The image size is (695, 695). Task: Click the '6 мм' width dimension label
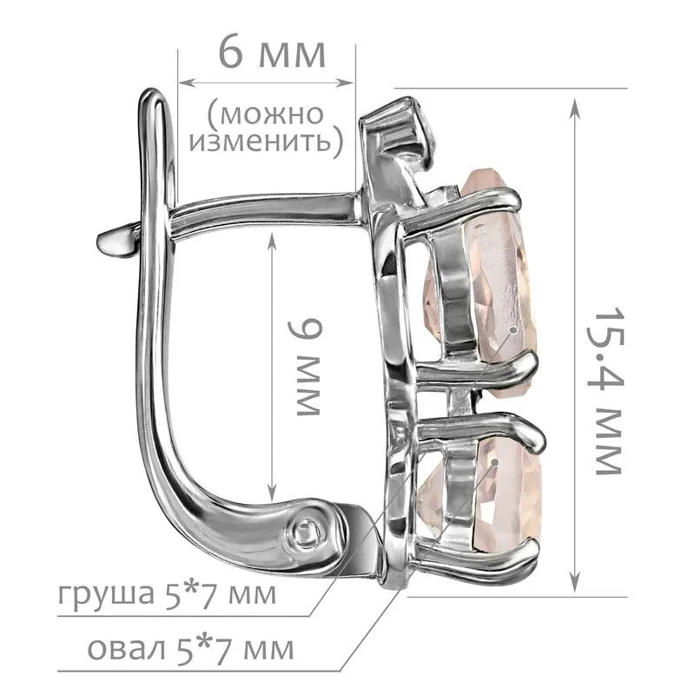click(273, 54)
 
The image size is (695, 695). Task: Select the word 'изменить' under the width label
click(261, 142)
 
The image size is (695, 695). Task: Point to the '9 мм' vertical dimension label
click(304, 367)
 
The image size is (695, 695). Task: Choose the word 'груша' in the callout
click(106, 595)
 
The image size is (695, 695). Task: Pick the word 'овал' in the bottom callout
click(125, 649)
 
